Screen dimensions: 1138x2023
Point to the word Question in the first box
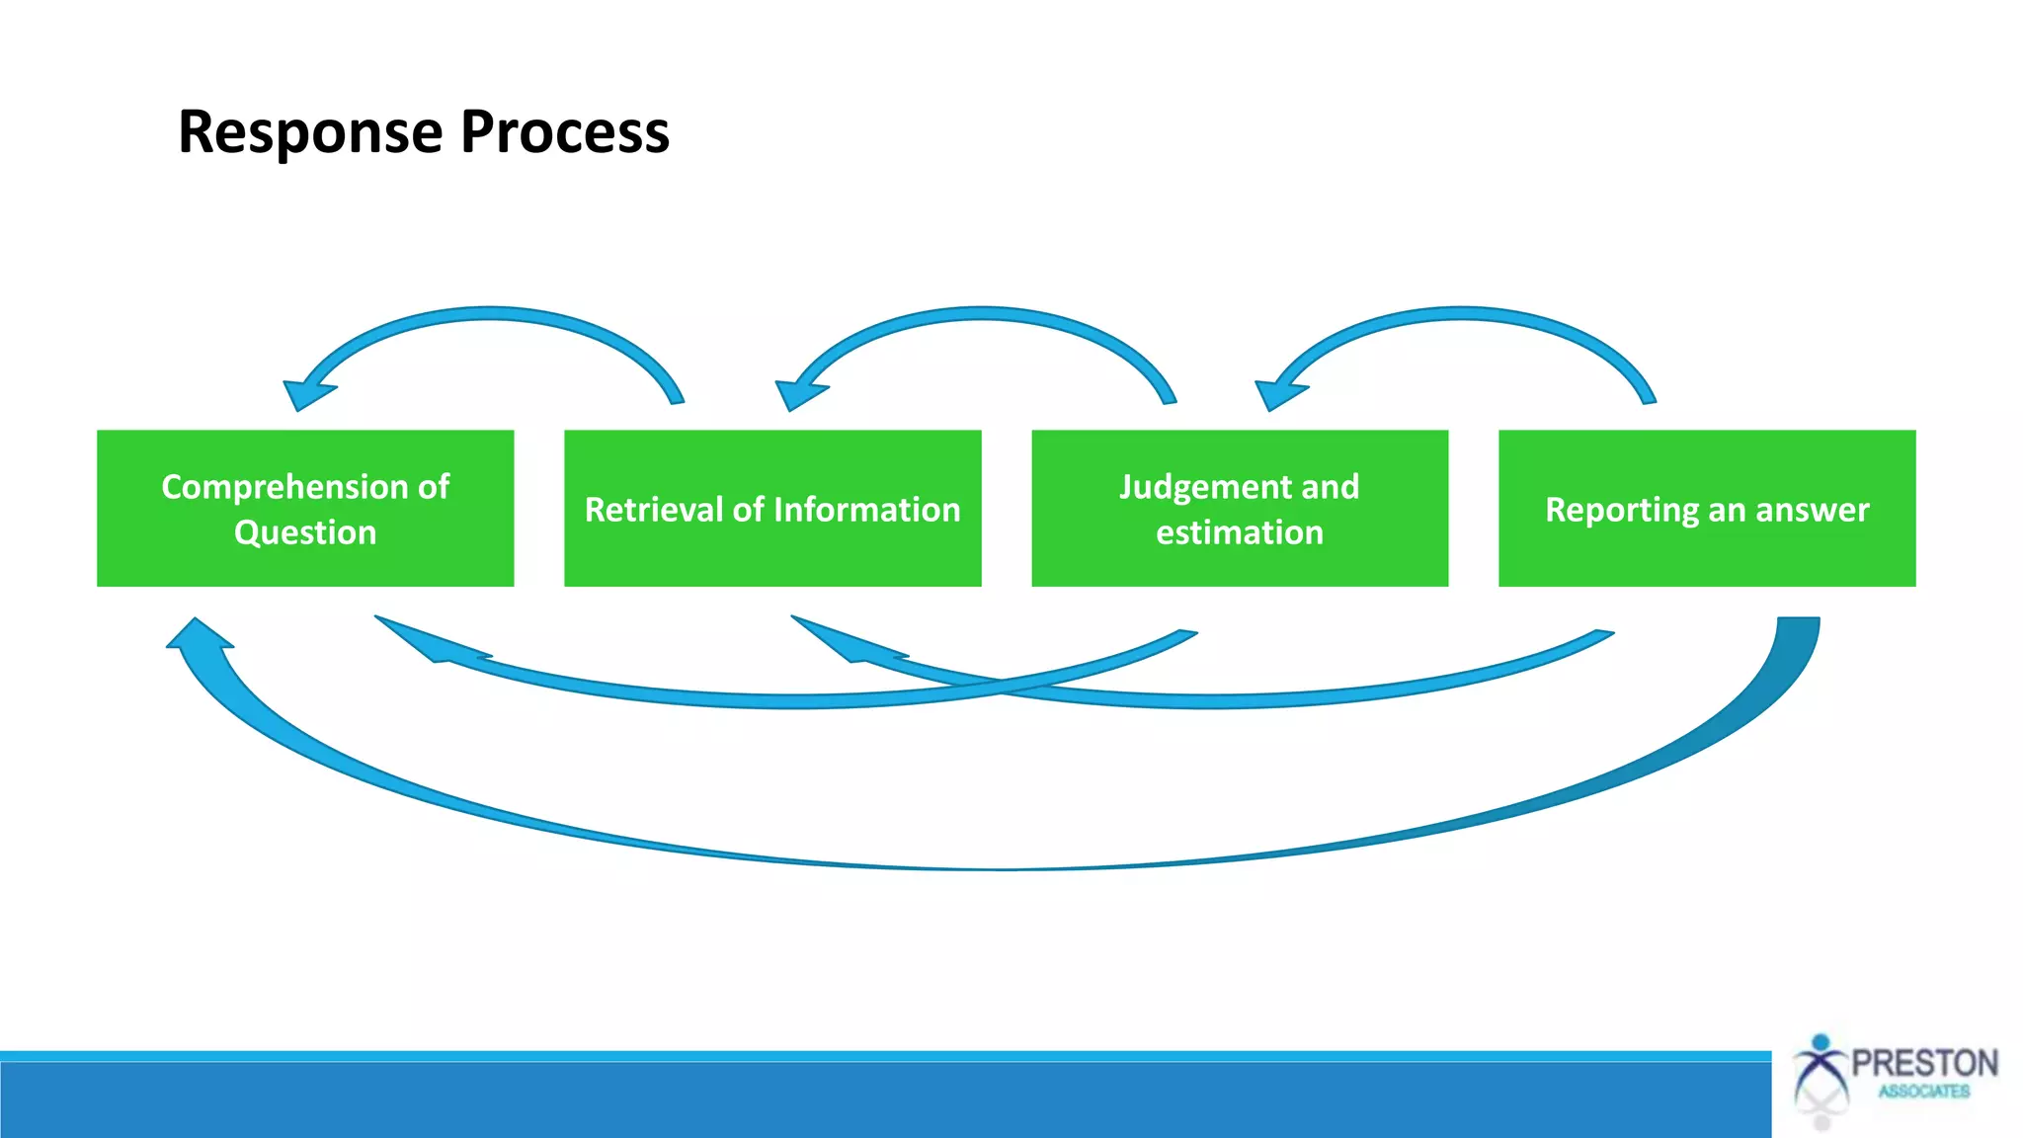pos(305,532)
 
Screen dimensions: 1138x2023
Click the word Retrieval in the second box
pos(654,510)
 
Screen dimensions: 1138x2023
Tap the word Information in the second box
pos(867,510)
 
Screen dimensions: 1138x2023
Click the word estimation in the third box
pos(1240,532)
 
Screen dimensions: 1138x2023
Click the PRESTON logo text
pos(1924,1064)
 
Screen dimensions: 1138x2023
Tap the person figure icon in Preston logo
pos(1821,1077)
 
